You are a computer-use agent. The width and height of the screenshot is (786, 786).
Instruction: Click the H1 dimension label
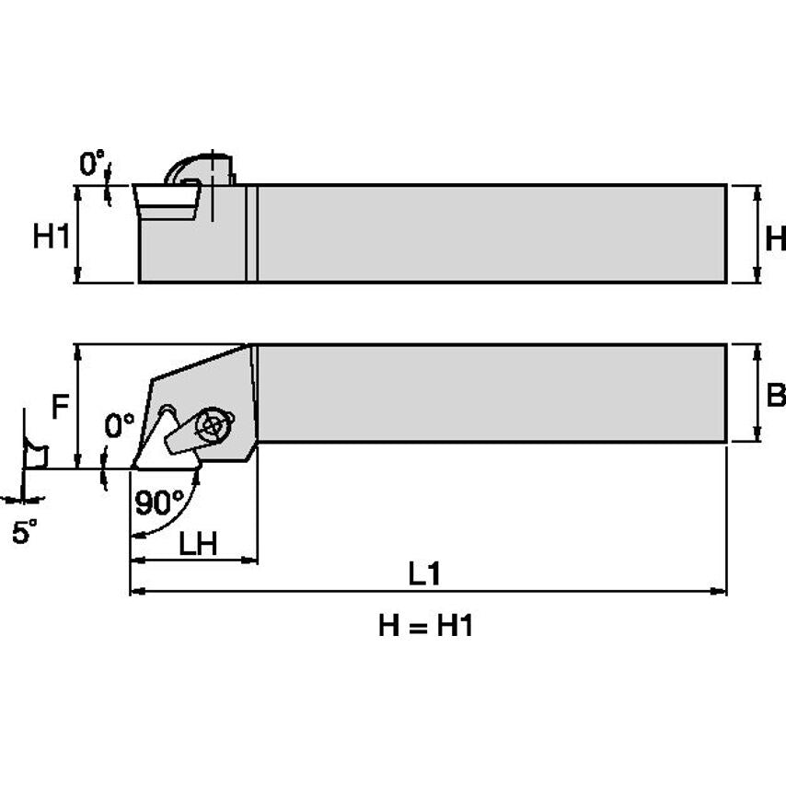(52, 237)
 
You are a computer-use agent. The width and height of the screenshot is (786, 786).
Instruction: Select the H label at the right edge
(775, 237)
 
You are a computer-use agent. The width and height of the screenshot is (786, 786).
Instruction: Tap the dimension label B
(775, 395)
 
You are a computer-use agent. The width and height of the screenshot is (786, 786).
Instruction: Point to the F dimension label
(59, 406)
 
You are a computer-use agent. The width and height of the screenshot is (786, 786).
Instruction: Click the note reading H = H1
(424, 627)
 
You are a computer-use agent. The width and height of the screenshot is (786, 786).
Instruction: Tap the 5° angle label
(25, 532)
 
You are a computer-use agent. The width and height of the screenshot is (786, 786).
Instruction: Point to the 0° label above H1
(92, 166)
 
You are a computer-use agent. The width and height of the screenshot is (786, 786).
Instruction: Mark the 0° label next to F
(119, 426)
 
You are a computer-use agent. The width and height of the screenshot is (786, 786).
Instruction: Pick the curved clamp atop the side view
(196, 168)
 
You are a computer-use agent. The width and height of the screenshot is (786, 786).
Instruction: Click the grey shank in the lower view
(488, 394)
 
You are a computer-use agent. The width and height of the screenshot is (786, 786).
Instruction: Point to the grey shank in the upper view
(488, 234)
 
